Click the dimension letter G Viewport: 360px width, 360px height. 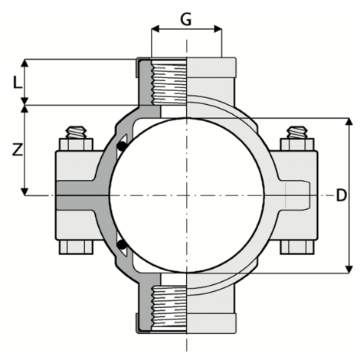[186, 18]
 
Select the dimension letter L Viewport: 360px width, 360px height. [16, 79]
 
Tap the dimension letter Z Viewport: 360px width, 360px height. [16, 151]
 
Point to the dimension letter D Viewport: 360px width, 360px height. [342, 196]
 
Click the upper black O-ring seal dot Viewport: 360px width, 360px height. [121, 146]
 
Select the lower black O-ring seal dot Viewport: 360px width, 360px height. [121, 245]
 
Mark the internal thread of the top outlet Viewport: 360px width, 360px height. [171, 80]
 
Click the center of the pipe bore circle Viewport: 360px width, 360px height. [187, 195]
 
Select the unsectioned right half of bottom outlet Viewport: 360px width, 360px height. [205, 310]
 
